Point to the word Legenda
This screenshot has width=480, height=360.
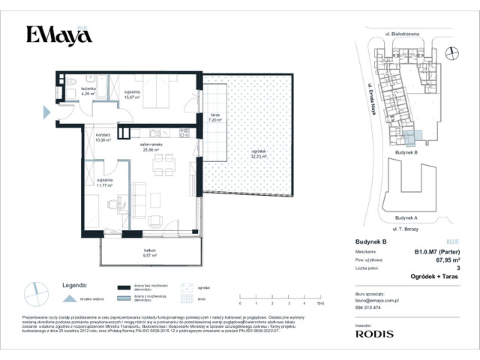[75, 285]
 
